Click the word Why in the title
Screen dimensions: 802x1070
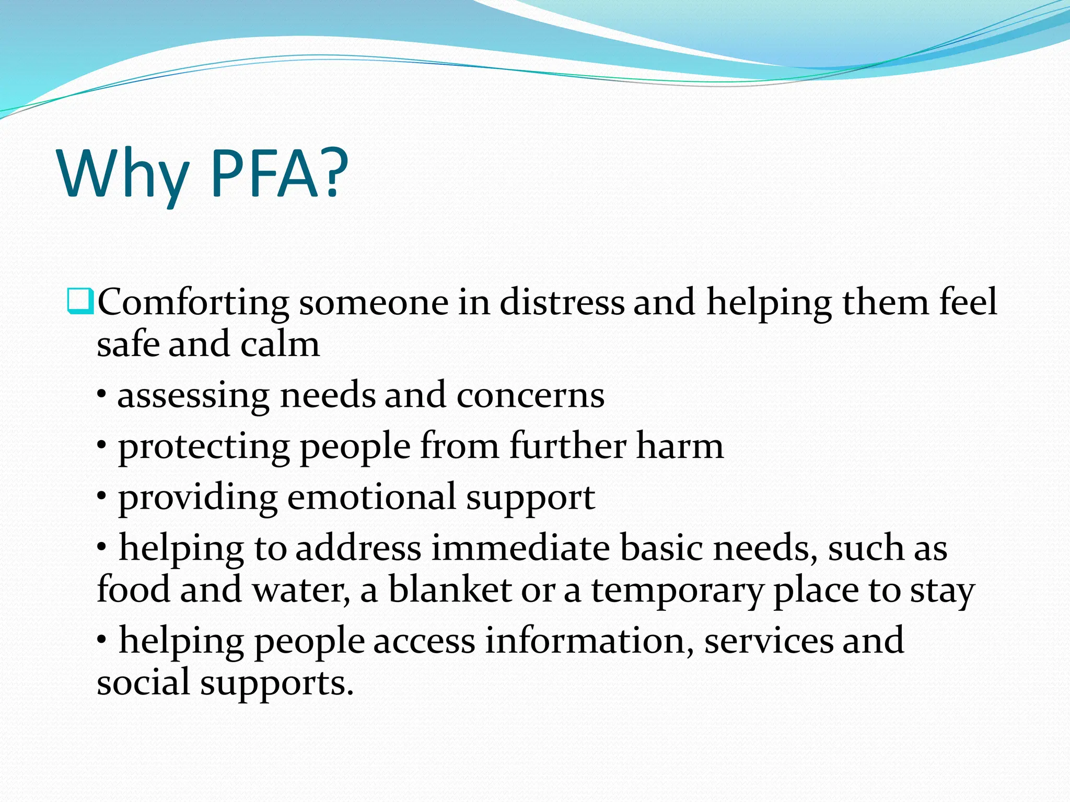tap(123, 175)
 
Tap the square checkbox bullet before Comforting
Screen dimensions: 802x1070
tap(80, 301)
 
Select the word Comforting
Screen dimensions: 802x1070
tap(193, 303)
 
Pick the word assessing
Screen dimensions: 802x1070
tap(193, 396)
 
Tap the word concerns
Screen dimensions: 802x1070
tap(530, 396)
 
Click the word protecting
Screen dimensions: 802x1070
tap(204, 447)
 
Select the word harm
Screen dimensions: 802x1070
tap(680, 446)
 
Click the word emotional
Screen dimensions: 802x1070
tap(371, 497)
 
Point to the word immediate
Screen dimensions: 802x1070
tap(520, 548)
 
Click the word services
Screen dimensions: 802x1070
tap(769, 641)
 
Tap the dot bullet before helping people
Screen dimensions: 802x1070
tap(102, 638)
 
